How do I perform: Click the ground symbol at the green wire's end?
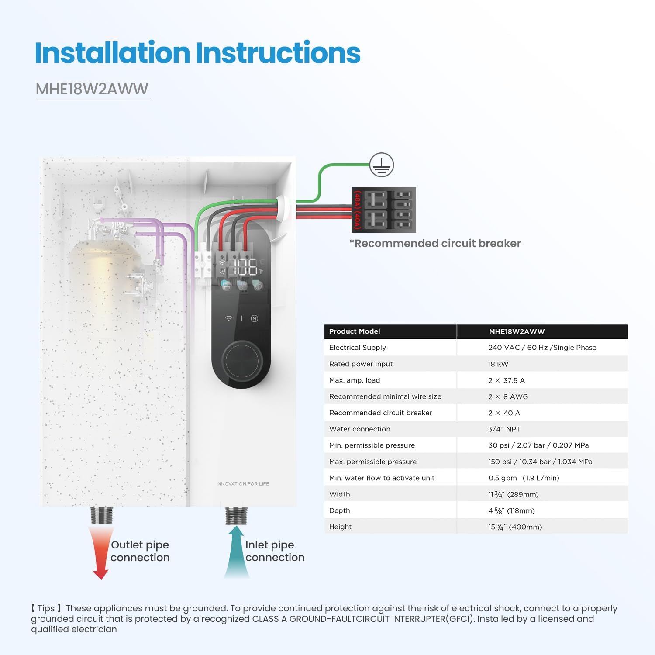[x=382, y=165]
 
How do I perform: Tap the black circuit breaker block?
[x=384, y=210]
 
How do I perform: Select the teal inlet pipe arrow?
[x=236, y=552]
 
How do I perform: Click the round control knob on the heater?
[x=242, y=361]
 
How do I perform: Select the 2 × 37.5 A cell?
[x=507, y=380]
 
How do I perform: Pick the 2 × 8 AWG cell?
[x=508, y=396]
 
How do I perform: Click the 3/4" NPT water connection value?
[x=504, y=429]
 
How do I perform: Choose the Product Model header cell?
[x=355, y=331]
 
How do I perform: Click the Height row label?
[x=340, y=527]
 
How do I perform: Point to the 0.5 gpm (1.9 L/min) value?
[x=524, y=478]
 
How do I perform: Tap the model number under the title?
[x=92, y=89]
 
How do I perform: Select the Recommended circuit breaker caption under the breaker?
[x=435, y=243]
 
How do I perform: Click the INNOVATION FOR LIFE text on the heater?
[x=242, y=484]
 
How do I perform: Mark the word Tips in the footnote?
[x=46, y=608]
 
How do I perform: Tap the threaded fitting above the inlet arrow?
[x=236, y=516]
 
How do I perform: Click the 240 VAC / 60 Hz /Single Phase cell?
[x=542, y=348]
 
